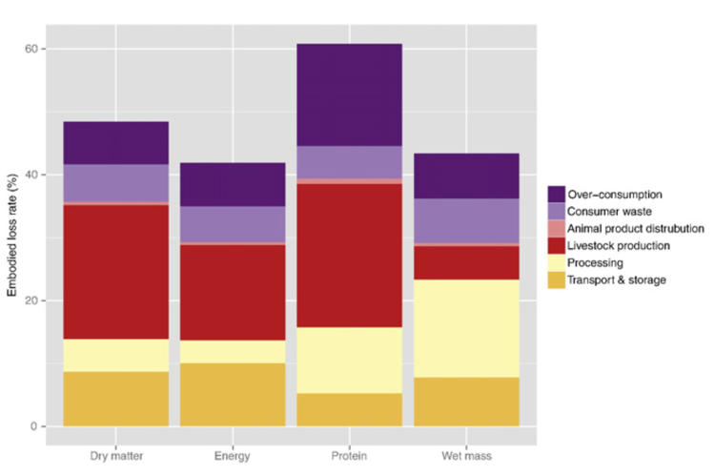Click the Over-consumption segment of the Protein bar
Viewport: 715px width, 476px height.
click(349, 94)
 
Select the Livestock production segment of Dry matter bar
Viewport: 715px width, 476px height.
click(116, 272)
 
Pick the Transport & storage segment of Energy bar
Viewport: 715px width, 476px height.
click(233, 394)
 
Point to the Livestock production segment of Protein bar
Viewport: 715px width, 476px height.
click(349, 255)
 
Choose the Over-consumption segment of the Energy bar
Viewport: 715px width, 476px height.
click(233, 184)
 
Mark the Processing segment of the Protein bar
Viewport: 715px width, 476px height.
click(349, 360)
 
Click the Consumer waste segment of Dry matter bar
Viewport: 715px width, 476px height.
click(116, 182)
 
